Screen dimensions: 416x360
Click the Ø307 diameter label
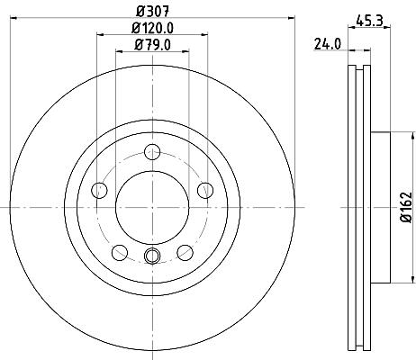[x=153, y=12]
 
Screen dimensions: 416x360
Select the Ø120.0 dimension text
[x=153, y=29]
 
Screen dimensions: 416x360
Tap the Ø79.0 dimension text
[x=153, y=45]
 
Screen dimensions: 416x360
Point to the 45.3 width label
[x=369, y=21]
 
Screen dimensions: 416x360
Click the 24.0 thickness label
[x=328, y=44]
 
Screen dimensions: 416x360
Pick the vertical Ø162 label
[x=406, y=207]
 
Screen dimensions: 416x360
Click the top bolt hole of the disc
[x=152, y=152]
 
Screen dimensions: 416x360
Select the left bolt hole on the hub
[x=99, y=190]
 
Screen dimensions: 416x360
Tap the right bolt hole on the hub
[x=205, y=190]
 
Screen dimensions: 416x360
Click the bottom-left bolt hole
[x=120, y=253]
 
